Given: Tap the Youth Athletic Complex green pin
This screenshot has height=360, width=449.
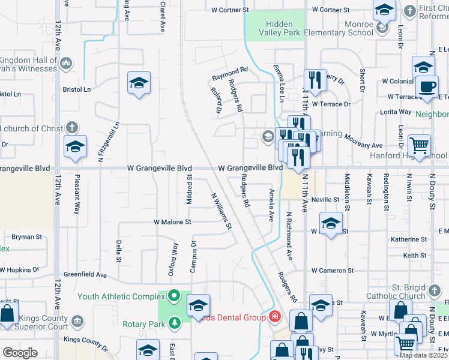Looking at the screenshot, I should (174, 295).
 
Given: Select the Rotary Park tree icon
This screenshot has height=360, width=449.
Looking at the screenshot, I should (175, 324).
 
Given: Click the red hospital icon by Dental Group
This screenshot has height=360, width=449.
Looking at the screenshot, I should (275, 316).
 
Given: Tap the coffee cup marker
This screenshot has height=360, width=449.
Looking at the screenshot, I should (427, 87).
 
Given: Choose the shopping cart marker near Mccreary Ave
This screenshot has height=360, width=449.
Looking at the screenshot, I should (419, 146).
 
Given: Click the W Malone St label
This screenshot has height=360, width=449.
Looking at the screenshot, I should (172, 221).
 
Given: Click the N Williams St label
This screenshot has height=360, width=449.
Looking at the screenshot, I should (221, 210).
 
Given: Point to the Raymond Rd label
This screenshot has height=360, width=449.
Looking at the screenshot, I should (229, 74).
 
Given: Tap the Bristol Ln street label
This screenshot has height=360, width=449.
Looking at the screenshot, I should (76, 89).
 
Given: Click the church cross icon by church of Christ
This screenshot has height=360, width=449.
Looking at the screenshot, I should (71, 128).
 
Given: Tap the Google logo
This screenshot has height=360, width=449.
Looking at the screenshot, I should (20, 352).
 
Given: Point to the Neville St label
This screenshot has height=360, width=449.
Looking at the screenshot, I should (325, 199).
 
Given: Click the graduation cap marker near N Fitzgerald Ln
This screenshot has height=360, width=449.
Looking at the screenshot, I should (76, 147).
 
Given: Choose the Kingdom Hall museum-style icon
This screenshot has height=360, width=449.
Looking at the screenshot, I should (66, 62).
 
